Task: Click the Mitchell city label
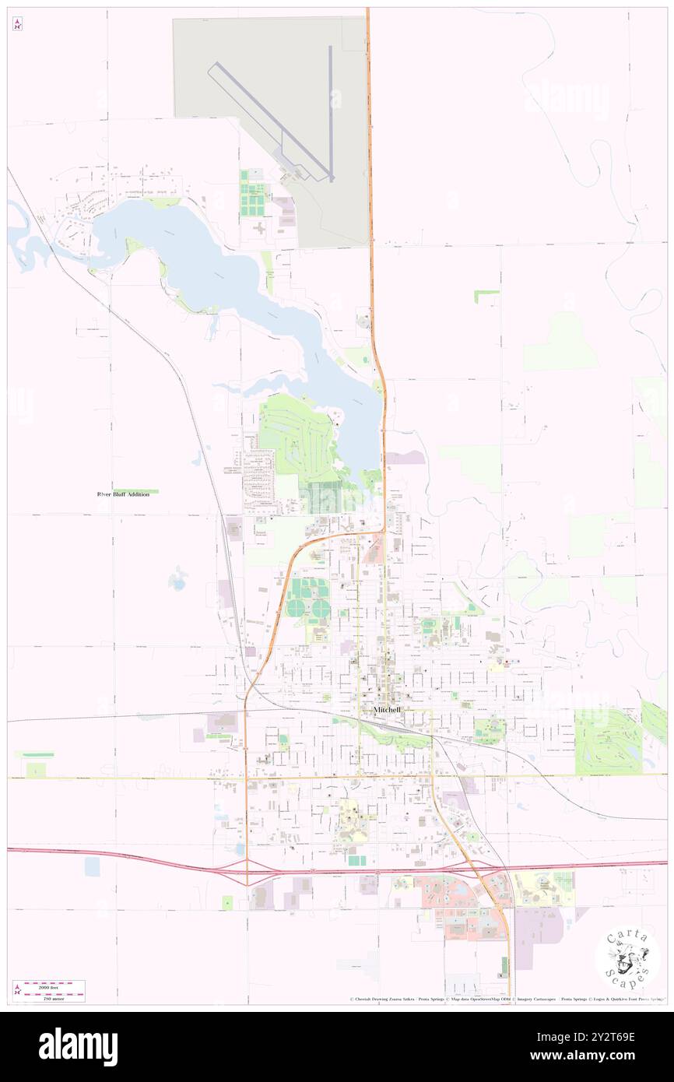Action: click(x=388, y=710)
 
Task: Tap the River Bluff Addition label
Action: click(x=122, y=494)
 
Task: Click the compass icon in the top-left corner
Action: click(x=17, y=24)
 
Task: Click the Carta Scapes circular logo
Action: click(x=627, y=960)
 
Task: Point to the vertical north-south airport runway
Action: click(x=331, y=112)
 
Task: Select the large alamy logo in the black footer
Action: click(x=78, y=1046)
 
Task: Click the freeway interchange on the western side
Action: click(x=247, y=871)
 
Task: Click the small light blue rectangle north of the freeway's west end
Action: click(x=93, y=866)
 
